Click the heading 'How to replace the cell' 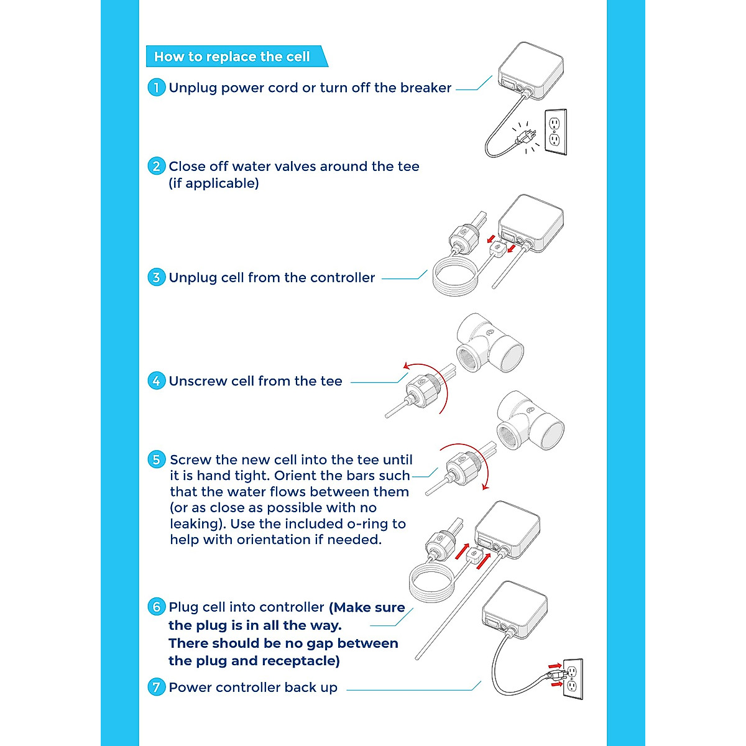[x=232, y=57]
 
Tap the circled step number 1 [x=156, y=88]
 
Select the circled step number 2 [x=156, y=167]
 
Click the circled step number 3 [x=156, y=277]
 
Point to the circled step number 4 [x=156, y=381]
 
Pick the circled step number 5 [x=156, y=460]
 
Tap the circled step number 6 [x=156, y=607]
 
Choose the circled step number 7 [x=156, y=688]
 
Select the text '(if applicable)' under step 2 [x=214, y=183]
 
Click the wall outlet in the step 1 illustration [x=555, y=131]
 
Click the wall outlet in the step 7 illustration [x=573, y=679]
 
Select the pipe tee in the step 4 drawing [x=489, y=343]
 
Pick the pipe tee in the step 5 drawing [x=530, y=421]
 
